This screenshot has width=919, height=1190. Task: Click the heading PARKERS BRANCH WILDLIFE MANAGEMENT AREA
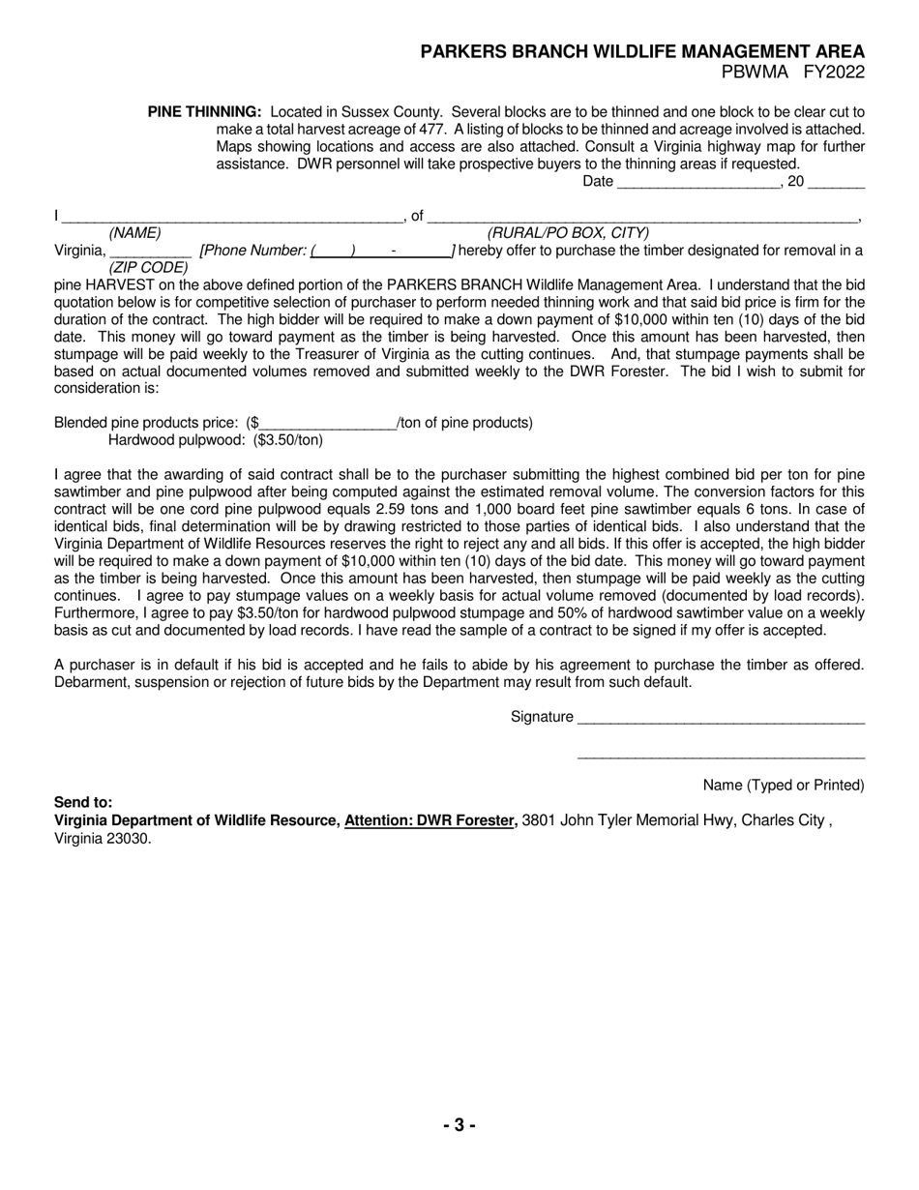642,52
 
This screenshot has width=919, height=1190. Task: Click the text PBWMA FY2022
792,73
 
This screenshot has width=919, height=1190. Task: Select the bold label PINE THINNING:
204,112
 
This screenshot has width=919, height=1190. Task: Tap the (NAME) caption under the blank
134,233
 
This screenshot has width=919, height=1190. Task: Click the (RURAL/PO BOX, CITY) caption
568,233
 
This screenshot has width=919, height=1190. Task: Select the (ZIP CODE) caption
148,267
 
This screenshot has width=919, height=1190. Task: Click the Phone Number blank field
381,251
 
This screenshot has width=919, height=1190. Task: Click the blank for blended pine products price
328,424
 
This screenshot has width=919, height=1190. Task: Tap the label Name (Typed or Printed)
784,786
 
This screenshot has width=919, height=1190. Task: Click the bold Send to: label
83,803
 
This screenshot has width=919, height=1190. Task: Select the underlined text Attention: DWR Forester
430,820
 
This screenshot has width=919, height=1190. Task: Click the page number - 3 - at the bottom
459,1125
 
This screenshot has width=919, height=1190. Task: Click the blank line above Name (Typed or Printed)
721,757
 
